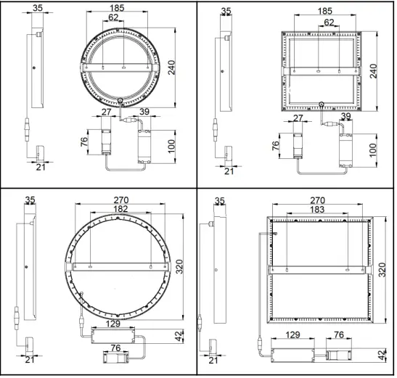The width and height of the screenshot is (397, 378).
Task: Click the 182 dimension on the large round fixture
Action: point(120,208)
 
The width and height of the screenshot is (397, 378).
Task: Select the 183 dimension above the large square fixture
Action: point(316,209)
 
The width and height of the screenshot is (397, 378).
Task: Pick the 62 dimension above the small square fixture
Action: point(330,22)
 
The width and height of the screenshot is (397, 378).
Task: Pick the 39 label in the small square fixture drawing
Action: point(345,117)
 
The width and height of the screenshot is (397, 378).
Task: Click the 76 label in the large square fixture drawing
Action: point(339,334)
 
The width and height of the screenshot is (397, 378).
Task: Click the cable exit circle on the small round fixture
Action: point(121,100)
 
